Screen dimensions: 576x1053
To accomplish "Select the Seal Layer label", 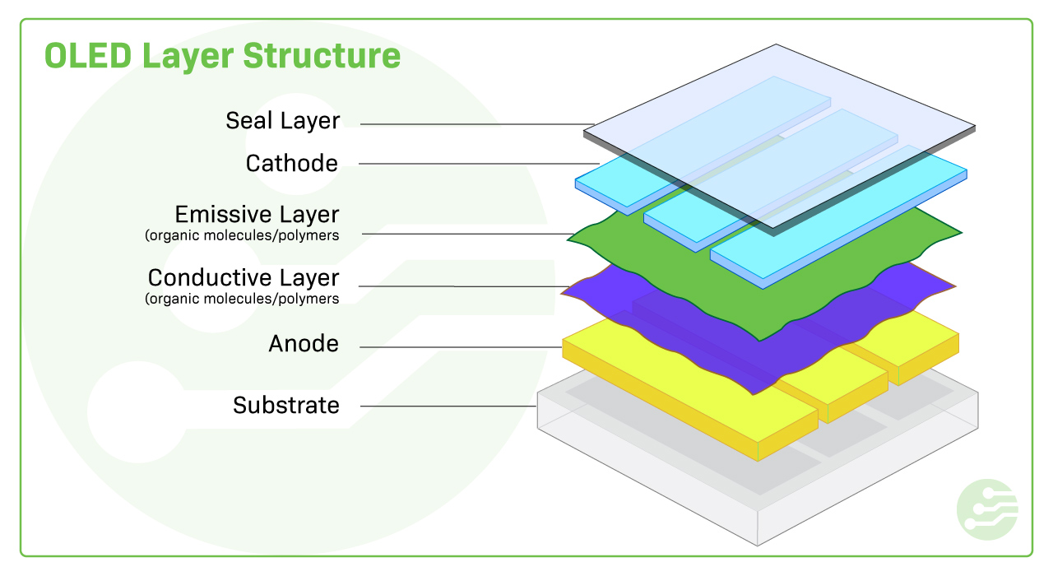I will [282, 121].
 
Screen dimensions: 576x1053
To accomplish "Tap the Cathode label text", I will [292, 163].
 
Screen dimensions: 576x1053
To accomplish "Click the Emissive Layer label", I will [257, 215].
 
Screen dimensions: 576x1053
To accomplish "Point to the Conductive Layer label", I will [244, 277].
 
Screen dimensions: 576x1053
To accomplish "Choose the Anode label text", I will [304, 343].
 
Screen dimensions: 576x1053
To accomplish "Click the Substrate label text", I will [285, 405].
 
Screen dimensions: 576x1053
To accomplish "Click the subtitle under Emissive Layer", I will [242, 236].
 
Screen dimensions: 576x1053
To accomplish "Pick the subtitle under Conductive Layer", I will [242, 299].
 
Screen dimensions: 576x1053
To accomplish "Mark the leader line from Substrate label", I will [448, 406].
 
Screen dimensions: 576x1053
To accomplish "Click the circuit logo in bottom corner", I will [987, 509].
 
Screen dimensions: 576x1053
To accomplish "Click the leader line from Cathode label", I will [477, 164].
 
